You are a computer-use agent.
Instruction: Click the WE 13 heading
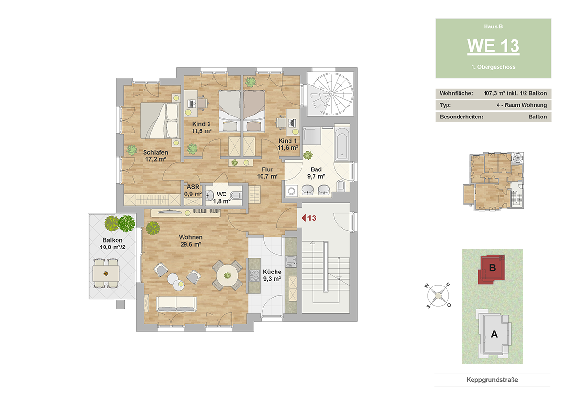493,46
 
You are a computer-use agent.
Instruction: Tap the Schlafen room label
155,152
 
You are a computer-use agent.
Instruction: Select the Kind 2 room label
201,124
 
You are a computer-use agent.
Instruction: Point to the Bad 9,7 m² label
316,173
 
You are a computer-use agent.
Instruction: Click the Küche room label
272,272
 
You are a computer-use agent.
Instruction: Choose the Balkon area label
113,240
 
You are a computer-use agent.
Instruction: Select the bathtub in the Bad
342,143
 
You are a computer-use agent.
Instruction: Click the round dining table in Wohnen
227,275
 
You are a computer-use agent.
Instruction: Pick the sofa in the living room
176,304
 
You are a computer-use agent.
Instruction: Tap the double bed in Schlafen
160,120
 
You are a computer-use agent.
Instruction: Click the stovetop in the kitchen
254,275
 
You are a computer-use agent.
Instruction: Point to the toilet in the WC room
236,195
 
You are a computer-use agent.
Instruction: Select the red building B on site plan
492,269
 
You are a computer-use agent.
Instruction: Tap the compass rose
438,295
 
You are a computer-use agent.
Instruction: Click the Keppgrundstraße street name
492,380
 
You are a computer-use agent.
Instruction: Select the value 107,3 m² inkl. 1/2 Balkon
515,93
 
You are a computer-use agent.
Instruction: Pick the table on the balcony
106,273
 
